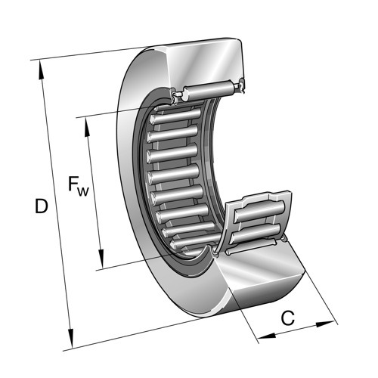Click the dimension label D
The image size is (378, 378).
tap(41, 206)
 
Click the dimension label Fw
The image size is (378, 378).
tap(79, 187)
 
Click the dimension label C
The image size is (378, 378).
tap(288, 318)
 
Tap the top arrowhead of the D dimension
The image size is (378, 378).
tap(42, 70)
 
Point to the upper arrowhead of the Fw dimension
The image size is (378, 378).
tap(87, 127)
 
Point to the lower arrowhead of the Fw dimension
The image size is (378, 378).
tap(101, 259)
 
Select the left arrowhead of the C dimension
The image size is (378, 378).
tap(267, 336)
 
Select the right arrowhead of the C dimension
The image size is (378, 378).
tap(326, 324)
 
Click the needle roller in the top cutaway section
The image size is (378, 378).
tap(209, 90)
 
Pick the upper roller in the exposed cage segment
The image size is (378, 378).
tap(259, 212)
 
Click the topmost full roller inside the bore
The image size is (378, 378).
tap(175, 116)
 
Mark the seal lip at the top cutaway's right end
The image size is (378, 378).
tap(242, 85)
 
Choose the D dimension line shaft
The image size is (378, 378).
tap(56, 204)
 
